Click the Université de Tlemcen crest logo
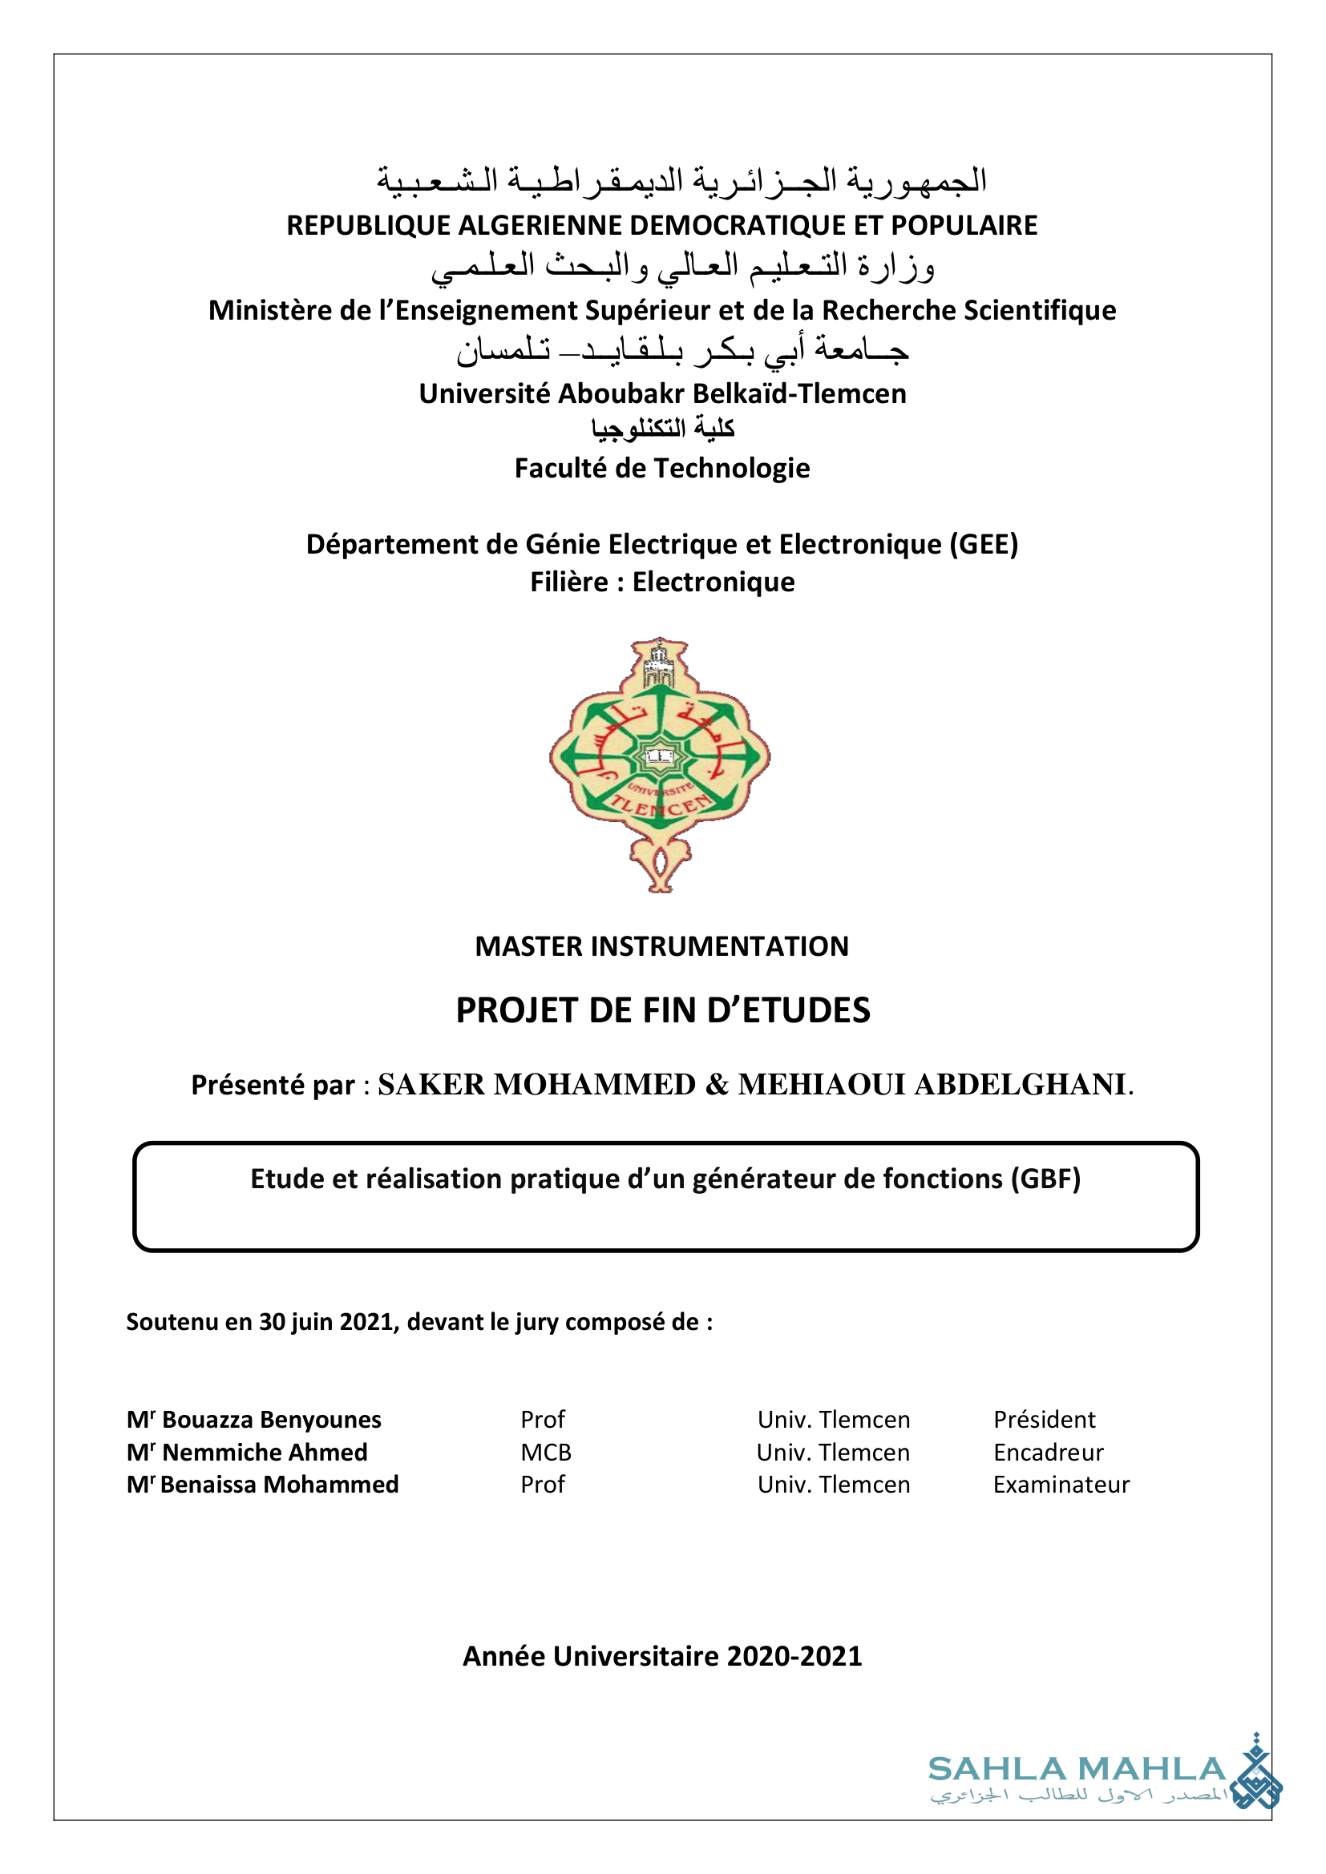660,764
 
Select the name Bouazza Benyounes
271,1420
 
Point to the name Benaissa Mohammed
278,1484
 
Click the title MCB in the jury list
545,1452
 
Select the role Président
1044,1420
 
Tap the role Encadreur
1048,1452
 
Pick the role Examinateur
1061,1484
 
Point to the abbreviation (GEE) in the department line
983,543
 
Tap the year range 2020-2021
794,1656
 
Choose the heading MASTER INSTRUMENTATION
662,946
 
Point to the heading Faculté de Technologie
662,469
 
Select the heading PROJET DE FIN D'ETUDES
663,1010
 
